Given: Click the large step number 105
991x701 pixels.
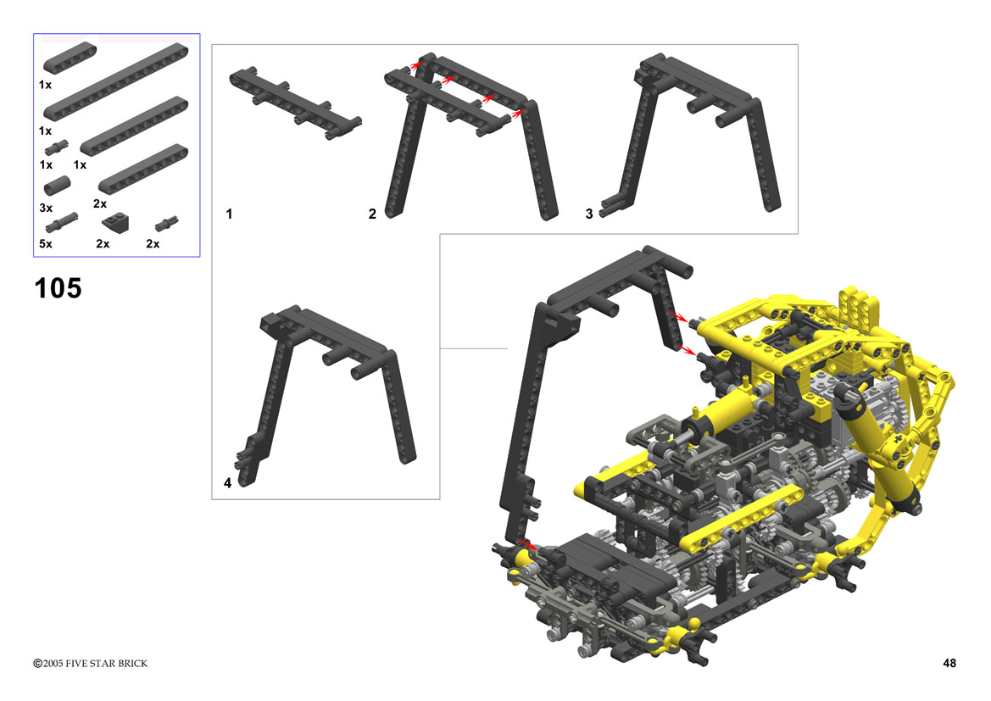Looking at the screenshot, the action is tap(58, 288).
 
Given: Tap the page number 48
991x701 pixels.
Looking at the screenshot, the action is tap(949, 663).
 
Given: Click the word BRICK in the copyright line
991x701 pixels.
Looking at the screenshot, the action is tap(133, 664).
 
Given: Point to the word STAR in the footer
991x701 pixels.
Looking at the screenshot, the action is tap(103, 664).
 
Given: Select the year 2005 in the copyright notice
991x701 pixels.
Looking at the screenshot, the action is tap(53, 664).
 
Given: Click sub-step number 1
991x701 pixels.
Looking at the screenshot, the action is tap(230, 214).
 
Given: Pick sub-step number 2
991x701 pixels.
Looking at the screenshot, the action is tap(372, 214).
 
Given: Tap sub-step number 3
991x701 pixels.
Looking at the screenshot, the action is tap(589, 214).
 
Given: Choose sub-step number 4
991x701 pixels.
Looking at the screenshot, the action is tap(227, 483).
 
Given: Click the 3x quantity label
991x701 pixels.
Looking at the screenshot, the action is tap(46, 208).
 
